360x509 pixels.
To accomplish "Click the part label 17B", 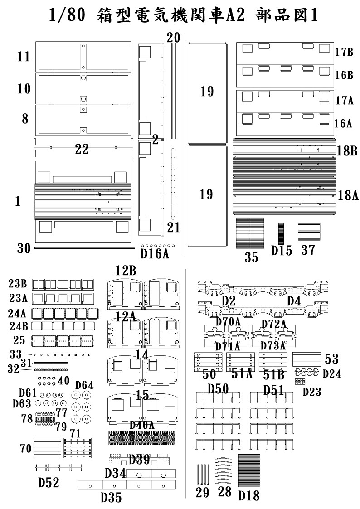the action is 344,52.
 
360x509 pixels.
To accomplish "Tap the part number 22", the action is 82,149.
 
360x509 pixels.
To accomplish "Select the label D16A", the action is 155,254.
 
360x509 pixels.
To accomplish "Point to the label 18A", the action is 348,195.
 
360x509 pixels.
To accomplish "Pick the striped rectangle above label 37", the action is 309,232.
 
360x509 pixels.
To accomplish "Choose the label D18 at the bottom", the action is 249,496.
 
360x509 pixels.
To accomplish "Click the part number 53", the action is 331,359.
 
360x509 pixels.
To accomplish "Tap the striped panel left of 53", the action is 307,359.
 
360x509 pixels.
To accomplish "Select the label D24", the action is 332,373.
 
